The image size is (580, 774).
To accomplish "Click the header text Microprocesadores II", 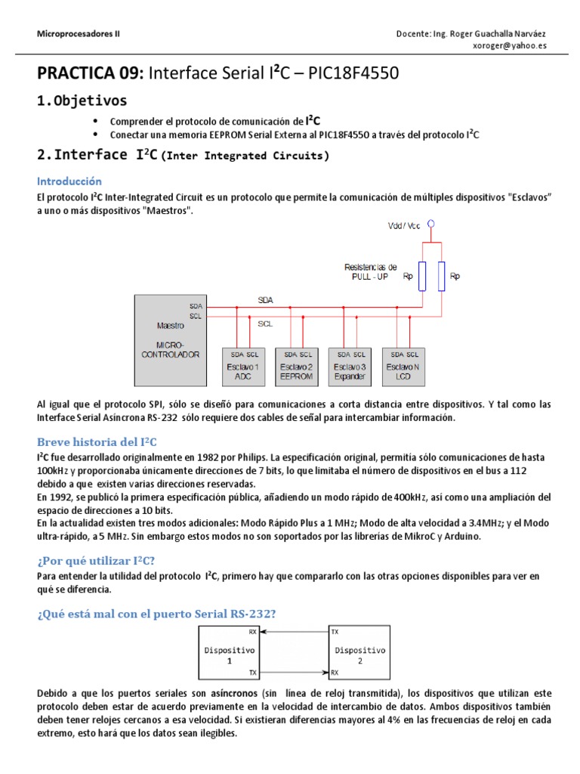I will point(79,34).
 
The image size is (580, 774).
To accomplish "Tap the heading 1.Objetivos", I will point(82,101).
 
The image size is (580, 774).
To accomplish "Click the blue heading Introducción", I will point(69,181).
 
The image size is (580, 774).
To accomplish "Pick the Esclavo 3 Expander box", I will point(351,366).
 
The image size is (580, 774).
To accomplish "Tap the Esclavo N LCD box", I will point(404,366).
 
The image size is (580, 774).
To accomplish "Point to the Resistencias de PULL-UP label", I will point(370,271).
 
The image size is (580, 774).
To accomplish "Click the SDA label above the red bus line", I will point(265,300).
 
